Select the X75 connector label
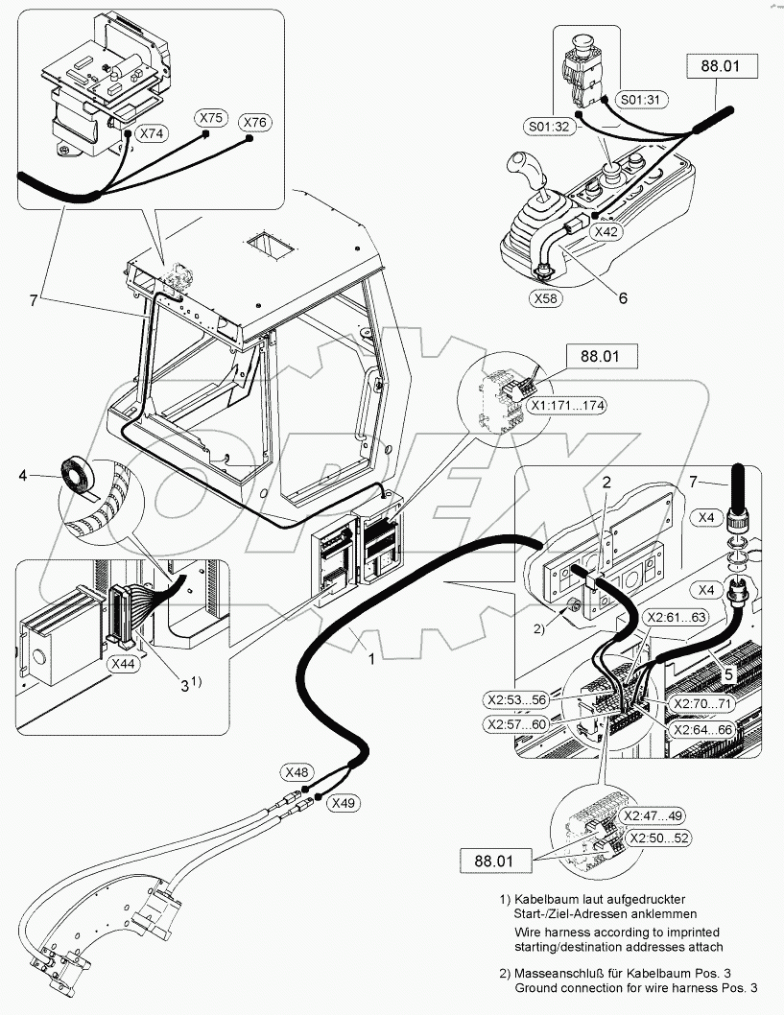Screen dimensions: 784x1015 point(211,118)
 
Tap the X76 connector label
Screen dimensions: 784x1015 point(255,123)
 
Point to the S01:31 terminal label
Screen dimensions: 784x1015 point(641,100)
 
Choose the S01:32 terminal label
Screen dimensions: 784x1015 point(549,127)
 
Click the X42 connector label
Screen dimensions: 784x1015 point(606,232)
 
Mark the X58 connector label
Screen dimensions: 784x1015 point(546,298)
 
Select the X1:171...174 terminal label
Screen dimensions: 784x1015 point(566,406)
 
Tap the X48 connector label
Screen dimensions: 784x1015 point(297,772)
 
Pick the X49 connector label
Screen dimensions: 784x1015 point(344,803)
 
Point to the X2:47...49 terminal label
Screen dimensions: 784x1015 point(653,815)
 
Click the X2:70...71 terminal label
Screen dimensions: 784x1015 point(702,703)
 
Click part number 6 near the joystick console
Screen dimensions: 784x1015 point(623,297)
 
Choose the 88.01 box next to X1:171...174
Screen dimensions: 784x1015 point(600,356)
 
